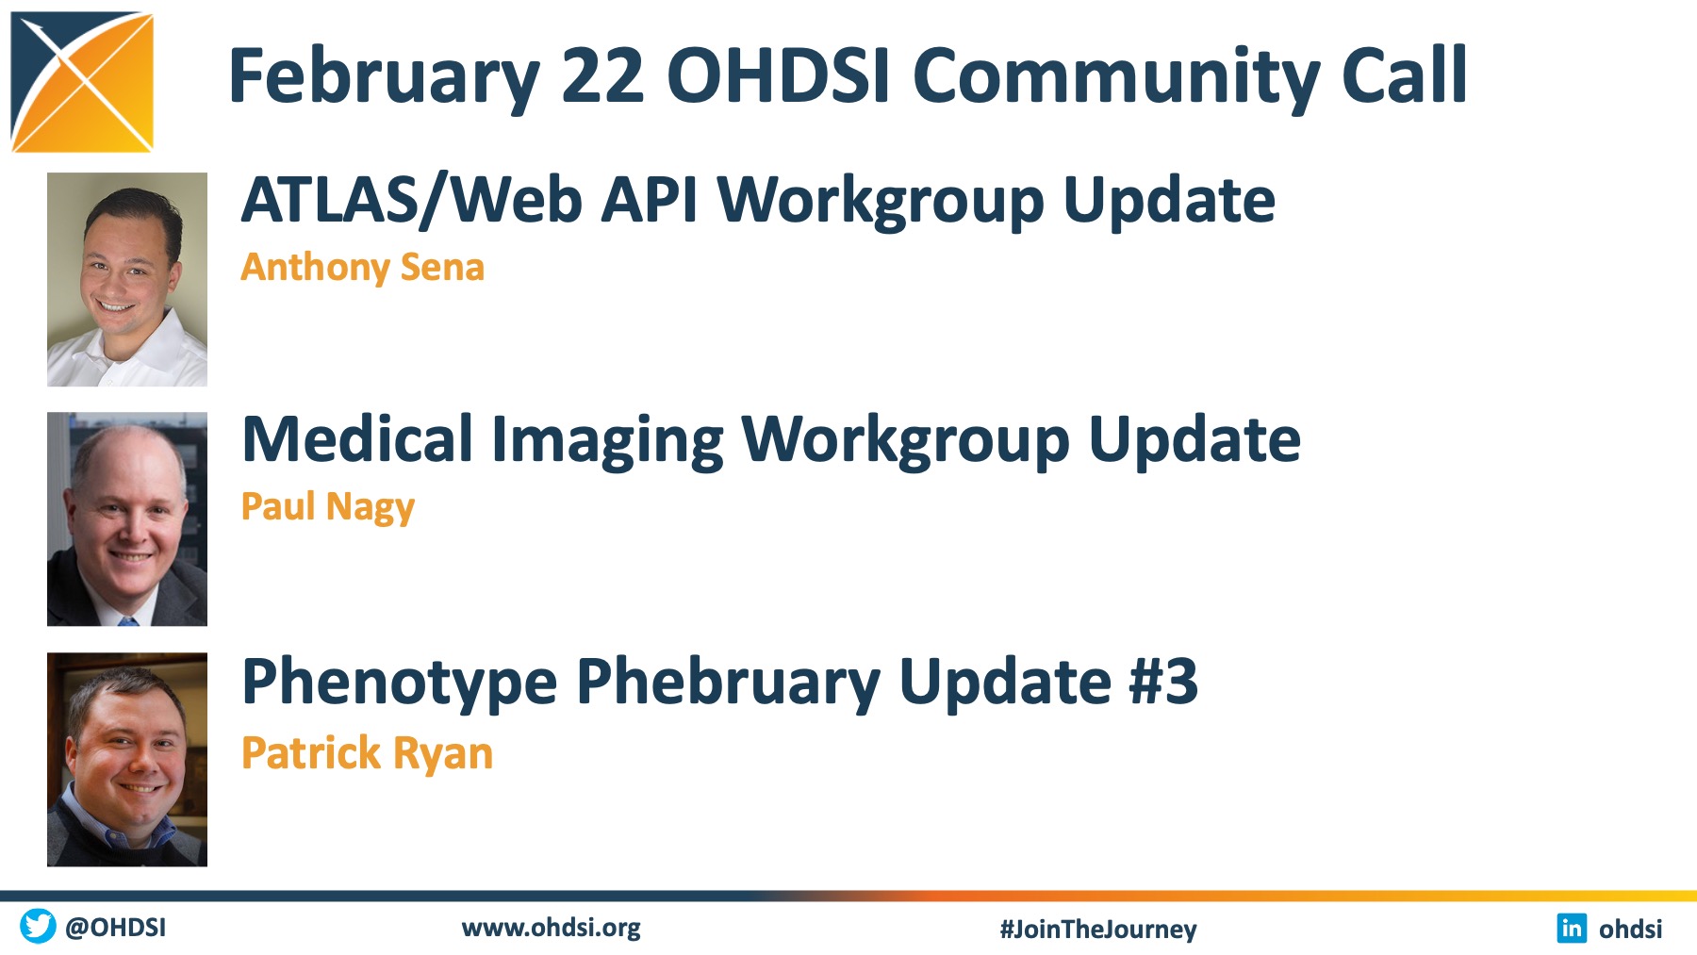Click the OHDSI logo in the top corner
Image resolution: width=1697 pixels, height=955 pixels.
click(x=82, y=81)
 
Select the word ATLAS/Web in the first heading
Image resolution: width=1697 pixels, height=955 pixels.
click(x=412, y=200)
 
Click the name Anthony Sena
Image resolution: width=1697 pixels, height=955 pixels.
click(x=363, y=268)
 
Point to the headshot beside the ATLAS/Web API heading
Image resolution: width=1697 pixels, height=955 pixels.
click(x=127, y=279)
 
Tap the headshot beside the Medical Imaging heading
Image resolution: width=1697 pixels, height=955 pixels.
click(x=127, y=519)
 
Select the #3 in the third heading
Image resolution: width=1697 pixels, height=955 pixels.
click(x=1163, y=681)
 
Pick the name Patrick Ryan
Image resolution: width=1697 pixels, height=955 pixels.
click(x=367, y=753)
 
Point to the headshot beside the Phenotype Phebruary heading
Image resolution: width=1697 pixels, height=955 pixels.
click(x=127, y=759)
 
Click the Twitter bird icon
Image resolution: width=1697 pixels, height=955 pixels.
click(x=38, y=926)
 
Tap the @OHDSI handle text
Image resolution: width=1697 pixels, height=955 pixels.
click(x=116, y=928)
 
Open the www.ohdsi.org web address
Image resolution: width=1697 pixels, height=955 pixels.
click(x=552, y=929)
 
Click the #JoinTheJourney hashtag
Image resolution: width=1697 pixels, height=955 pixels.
click(x=1098, y=930)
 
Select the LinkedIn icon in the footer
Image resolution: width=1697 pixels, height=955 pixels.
click(x=1572, y=928)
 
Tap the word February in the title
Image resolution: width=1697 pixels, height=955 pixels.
click(x=385, y=78)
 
